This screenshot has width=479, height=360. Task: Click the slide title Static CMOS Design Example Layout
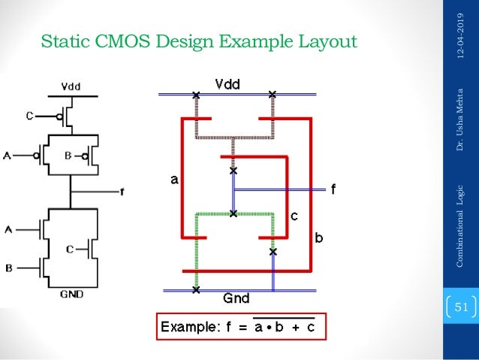coord(198,41)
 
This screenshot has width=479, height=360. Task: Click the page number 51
coord(461,307)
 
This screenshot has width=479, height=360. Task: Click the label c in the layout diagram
coord(294,216)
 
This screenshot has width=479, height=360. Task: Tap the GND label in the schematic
coord(71,295)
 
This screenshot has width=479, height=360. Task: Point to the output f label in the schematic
coord(122,191)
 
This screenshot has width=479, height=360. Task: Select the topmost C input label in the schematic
coord(29,116)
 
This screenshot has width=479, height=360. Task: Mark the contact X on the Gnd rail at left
coord(196,289)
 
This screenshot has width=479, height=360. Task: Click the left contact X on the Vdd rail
coord(196,95)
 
